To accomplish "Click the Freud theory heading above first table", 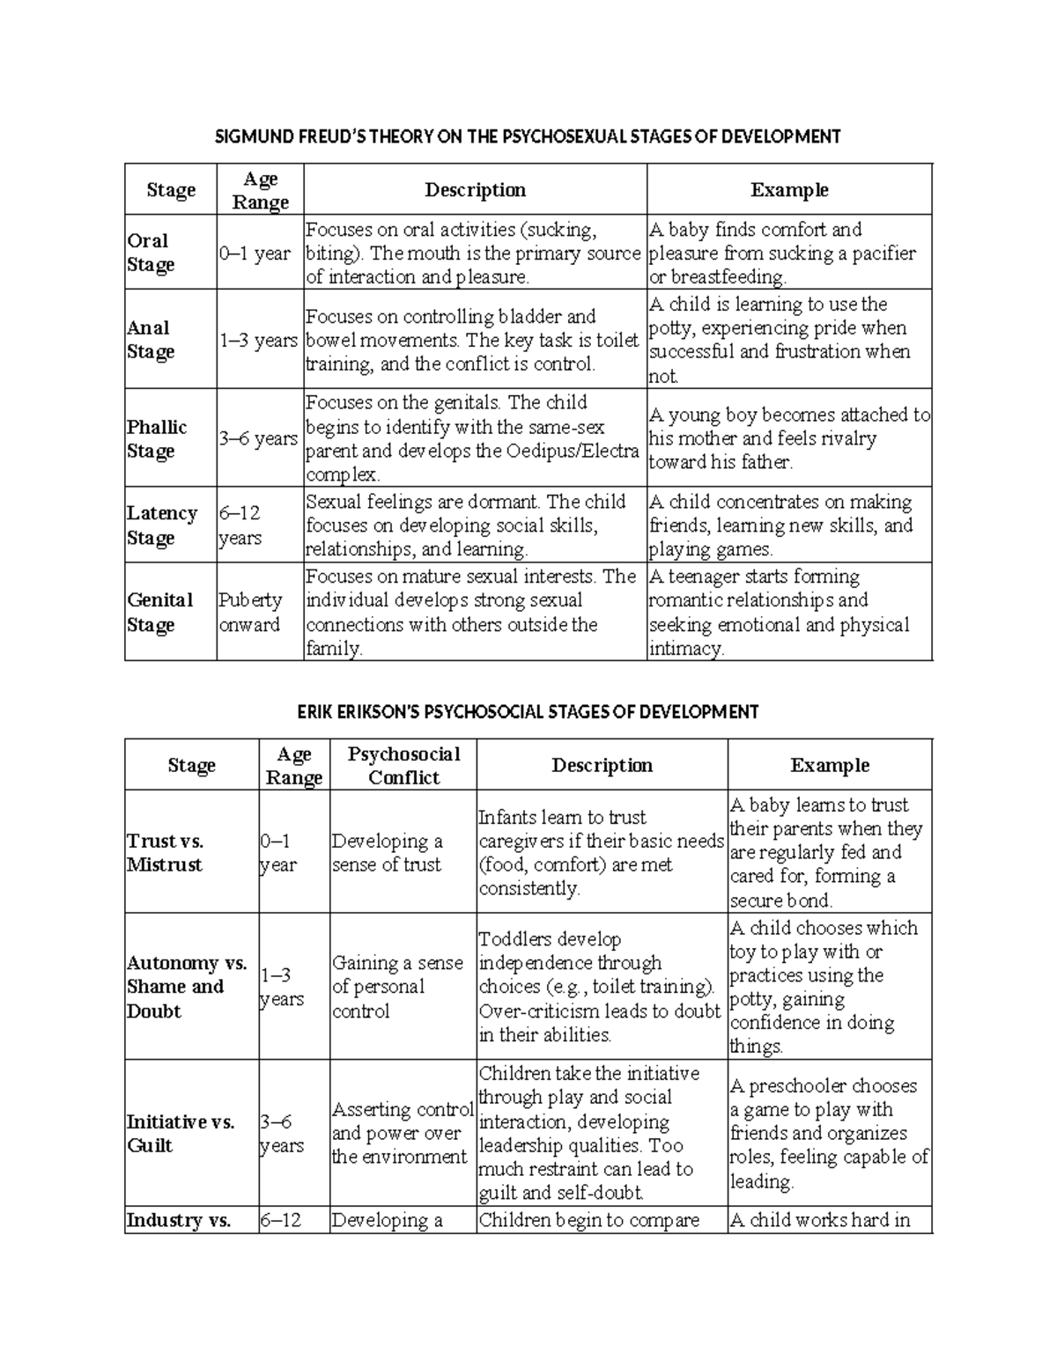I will point(528,136).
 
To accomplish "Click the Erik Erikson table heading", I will point(528,711).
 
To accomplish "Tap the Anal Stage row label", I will point(151,340).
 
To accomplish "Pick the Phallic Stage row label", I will point(157,438).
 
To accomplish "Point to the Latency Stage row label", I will point(162,525).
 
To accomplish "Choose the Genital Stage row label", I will point(159,612).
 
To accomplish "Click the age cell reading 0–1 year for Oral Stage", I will point(255,254).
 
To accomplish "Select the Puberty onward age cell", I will point(250,612).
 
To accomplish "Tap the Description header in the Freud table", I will point(475,190).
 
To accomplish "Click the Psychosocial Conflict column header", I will point(403,765).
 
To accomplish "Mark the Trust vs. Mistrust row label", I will point(165,852).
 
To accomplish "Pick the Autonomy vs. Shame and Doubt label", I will point(187,987).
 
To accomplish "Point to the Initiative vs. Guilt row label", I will point(181,1134).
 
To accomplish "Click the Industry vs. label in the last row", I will point(179,1220).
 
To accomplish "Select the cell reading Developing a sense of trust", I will point(387,852).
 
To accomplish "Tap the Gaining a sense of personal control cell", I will point(397,987).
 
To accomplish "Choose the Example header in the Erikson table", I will point(830,765).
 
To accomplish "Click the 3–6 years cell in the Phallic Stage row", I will point(258,438).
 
